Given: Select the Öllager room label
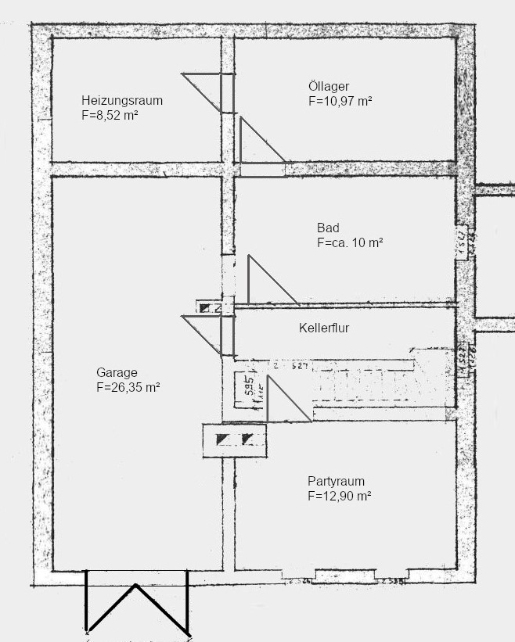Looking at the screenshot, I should click(329, 87).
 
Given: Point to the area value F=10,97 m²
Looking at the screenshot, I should click(340, 101).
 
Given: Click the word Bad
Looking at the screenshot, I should click(328, 228).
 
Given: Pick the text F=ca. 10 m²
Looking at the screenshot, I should click(350, 243).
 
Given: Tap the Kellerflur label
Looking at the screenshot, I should click(324, 328).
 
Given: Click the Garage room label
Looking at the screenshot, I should click(117, 372).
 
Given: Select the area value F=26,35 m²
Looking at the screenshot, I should click(128, 386).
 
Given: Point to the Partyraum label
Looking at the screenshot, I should click(336, 482).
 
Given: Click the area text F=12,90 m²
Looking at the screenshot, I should click(339, 496).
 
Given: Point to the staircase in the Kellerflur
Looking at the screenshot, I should click(376, 383).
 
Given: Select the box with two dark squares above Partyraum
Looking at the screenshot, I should click(235, 439).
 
